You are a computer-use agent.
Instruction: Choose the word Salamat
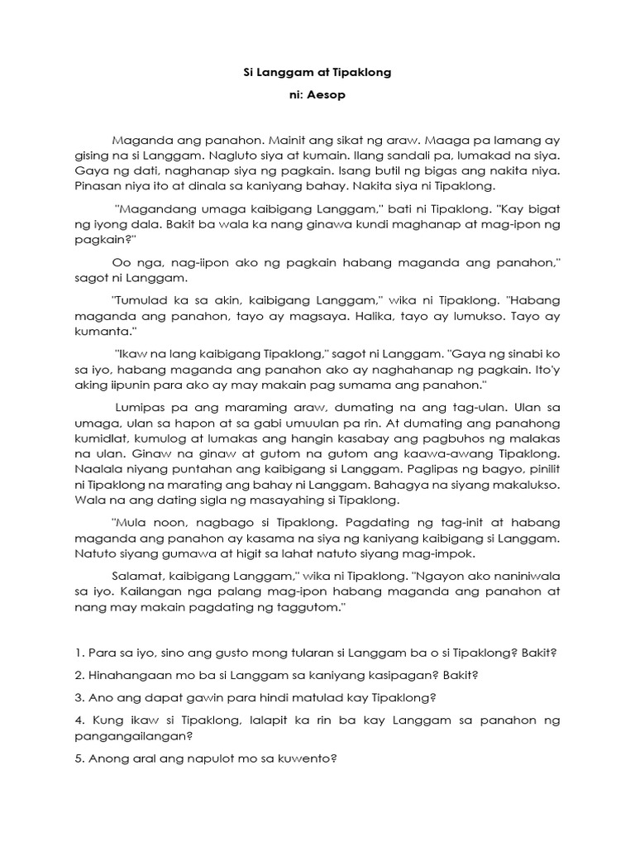(136, 576)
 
